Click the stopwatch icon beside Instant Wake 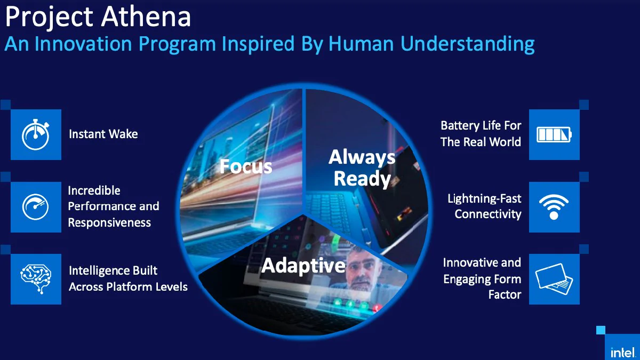(36, 135)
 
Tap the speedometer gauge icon (36, 207)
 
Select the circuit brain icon (36, 279)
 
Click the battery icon (554, 134)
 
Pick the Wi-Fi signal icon (554, 207)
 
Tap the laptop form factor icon (554, 279)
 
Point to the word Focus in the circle (246, 166)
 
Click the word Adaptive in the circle (303, 265)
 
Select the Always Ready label (362, 167)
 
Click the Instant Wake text (103, 134)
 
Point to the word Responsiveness (109, 222)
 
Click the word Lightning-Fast (484, 198)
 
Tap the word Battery (459, 126)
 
